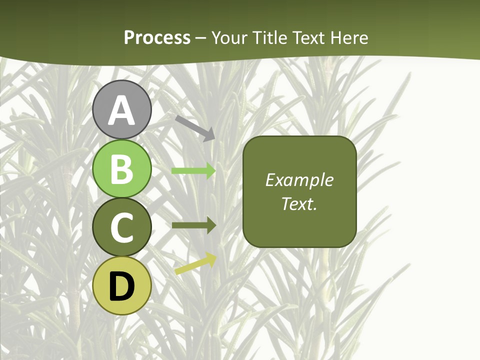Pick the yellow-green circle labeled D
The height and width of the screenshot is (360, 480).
click(122, 285)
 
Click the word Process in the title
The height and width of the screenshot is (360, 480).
click(157, 37)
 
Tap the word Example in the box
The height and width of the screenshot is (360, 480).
click(299, 180)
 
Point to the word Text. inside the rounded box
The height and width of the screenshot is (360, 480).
click(299, 204)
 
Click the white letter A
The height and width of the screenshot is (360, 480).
click(122, 110)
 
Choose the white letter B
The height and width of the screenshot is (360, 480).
click(122, 169)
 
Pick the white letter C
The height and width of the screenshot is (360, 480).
click(122, 227)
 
